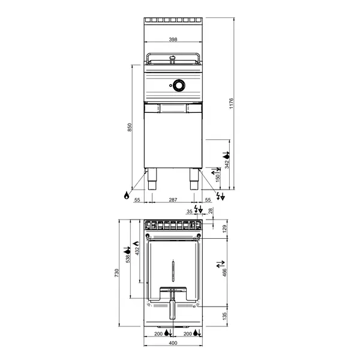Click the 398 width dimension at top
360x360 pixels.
pyautogui.click(x=173, y=40)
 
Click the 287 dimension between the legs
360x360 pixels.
pyautogui.click(x=173, y=199)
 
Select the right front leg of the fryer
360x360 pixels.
pyautogui.click(x=194, y=178)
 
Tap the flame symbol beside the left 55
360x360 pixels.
pyautogui.click(x=127, y=195)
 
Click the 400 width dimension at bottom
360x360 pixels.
pyautogui.click(x=173, y=343)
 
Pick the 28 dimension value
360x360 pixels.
pyautogui.click(x=210, y=211)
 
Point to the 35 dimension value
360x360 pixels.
pyautogui.click(x=190, y=211)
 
